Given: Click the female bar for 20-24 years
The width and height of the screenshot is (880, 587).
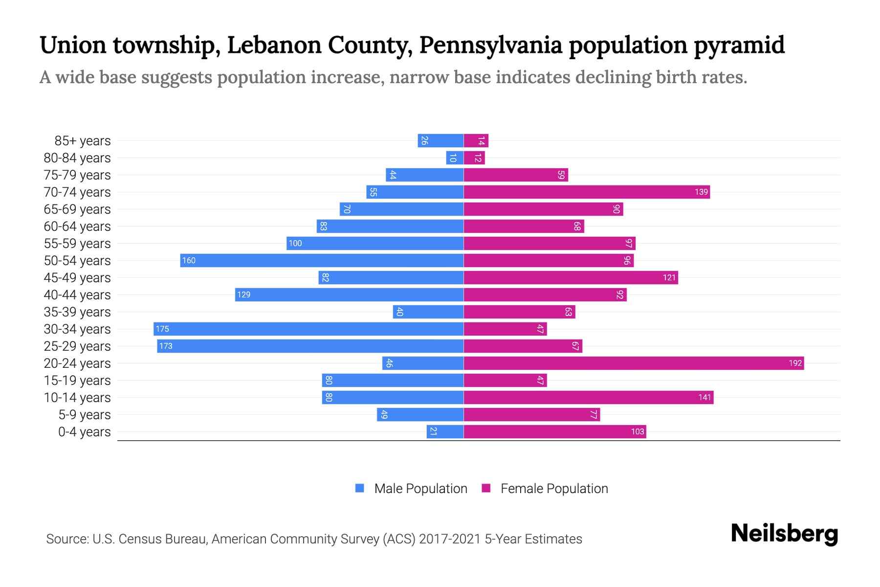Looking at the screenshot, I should [x=633, y=363].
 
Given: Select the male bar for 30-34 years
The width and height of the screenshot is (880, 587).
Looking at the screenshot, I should [x=308, y=329].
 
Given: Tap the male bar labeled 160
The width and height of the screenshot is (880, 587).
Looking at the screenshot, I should [x=322, y=260].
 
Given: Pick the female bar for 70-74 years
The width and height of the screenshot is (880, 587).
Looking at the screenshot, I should [x=587, y=192].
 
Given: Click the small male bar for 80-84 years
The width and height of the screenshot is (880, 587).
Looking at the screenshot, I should [x=455, y=158].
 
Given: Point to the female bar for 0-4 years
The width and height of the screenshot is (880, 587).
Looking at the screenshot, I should [x=554, y=431].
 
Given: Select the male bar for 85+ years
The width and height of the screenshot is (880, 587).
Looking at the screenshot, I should [x=440, y=140].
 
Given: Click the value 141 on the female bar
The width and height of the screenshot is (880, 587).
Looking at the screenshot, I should [x=704, y=397].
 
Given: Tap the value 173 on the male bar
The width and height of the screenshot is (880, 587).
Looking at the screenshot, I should [x=166, y=346].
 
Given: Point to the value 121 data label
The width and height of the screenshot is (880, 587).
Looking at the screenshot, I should [x=669, y=277].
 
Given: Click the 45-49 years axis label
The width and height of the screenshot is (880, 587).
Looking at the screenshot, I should [x=77, y=277].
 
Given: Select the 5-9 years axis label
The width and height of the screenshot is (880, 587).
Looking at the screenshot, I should [x=85, y=414].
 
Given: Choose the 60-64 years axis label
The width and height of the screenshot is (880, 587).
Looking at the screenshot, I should [x=77, y=226].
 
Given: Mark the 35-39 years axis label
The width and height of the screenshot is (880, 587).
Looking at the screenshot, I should [x=77, y=312].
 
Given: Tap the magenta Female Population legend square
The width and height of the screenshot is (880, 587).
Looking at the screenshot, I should [x=486, y=488].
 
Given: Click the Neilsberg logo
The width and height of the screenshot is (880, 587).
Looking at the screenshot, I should [x=784, y=534].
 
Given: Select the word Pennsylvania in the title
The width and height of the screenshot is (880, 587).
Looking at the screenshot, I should [x=490, y=45].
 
